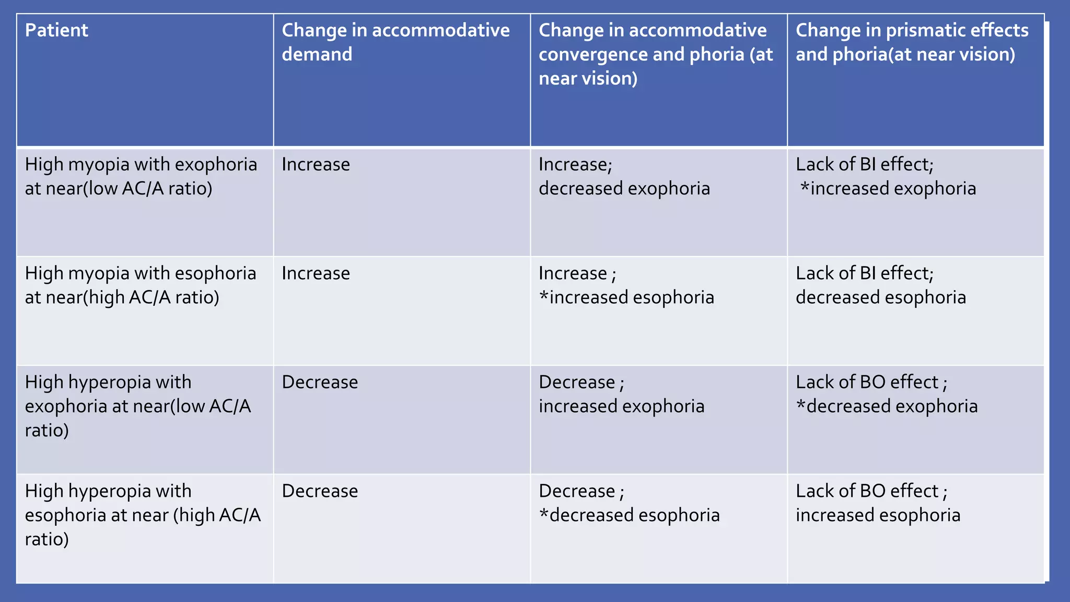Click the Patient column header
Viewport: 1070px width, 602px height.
tap(56, 30)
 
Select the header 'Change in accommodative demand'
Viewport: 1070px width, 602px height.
tap(396, 42)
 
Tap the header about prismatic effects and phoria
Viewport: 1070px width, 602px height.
tap(912, 42)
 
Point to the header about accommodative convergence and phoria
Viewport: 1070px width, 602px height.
tap(655, 54)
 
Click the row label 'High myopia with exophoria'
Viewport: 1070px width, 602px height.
tap(141, 176)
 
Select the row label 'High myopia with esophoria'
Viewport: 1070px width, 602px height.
tap(141, 285)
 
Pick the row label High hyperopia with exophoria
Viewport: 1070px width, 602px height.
tap(138, 406)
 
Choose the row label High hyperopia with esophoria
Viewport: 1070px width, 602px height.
tap(142, 515)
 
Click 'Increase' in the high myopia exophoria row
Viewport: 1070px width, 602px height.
tap(316, 165)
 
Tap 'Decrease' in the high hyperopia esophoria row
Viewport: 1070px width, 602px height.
tap(320, 491)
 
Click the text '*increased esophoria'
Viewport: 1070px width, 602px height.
tap(626, 297)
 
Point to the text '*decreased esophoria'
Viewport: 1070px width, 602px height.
tap(629, 515)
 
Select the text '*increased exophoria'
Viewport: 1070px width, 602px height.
tap(888, 189)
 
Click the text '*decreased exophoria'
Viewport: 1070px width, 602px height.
tap(887, 407)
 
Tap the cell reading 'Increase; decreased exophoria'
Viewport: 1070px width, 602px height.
tap(624, 177)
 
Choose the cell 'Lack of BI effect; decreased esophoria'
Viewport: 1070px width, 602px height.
tap(881, 285)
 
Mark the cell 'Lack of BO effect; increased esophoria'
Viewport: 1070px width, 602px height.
tap(878, 503)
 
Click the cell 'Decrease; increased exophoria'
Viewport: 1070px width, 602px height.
tap(621, 394)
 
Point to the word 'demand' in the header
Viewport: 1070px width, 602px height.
tap(317, 54)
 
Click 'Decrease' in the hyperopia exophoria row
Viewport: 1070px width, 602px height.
tap(320, 383)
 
